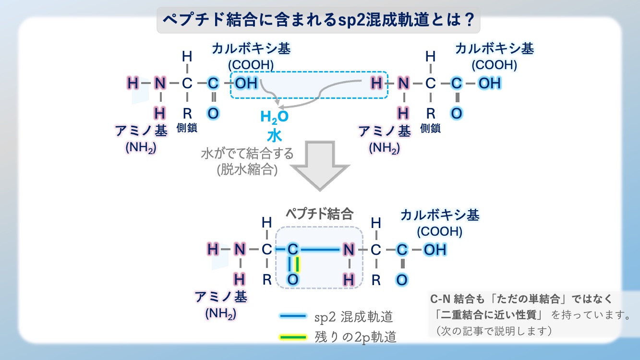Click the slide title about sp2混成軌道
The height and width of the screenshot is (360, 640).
tap(319, 20)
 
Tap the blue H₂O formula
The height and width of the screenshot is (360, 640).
tap(274, 117)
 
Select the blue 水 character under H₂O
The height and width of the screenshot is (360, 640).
tap(274, 135)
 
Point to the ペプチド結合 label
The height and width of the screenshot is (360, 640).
tap(319, 214)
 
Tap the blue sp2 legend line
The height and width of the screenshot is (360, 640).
tap(292, 316)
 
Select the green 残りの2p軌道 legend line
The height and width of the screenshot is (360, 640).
tap(292, 337)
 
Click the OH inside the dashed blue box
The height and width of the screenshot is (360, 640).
tap(246, 83)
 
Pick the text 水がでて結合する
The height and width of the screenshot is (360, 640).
tap(247, 155)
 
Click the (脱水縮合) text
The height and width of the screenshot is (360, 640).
tap(247, 170)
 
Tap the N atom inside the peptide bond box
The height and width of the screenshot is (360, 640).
tap(349, 250)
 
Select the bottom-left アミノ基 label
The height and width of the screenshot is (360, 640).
tap(221, 297)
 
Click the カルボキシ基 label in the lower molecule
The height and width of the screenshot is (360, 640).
tap(440, 215)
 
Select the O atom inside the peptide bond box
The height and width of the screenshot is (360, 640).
tap(293, 279)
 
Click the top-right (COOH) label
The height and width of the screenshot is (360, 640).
tap(494, 65)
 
